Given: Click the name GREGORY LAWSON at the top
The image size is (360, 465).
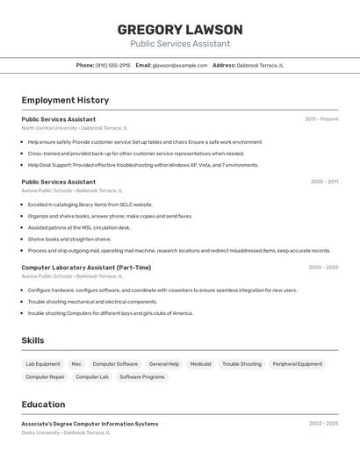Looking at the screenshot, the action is pos(180,30).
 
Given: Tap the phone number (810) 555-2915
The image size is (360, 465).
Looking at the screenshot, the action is pos(112,65).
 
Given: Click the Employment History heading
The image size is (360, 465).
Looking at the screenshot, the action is pos(65,100).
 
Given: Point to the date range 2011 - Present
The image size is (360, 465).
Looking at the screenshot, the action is pos(321,119).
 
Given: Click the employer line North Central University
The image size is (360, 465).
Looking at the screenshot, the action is pos(74,128).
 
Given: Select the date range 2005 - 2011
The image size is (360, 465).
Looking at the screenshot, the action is pos(324,182).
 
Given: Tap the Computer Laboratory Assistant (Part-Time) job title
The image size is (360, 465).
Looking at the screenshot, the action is pos(86,268).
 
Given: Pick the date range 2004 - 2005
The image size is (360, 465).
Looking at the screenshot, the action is pos(323,268).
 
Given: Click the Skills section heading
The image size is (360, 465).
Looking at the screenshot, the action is pos(32,340).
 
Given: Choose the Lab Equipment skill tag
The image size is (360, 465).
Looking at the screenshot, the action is pos(43,364).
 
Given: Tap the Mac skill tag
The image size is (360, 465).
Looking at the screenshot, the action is pos(76,364).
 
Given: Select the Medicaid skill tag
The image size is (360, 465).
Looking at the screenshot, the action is pos(200,364).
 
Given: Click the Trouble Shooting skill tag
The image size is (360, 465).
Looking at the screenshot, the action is pos(241,364).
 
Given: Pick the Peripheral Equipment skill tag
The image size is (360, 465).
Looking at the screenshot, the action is pos(297,364).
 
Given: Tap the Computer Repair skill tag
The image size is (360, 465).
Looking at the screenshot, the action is pos(45,377).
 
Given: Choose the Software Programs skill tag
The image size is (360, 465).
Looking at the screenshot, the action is pos(142,377).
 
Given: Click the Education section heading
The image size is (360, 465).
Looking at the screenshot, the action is pos(43,404).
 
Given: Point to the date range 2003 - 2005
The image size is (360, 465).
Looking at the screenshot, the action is pos(323,424).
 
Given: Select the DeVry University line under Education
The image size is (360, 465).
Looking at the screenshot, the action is pos(66,433).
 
